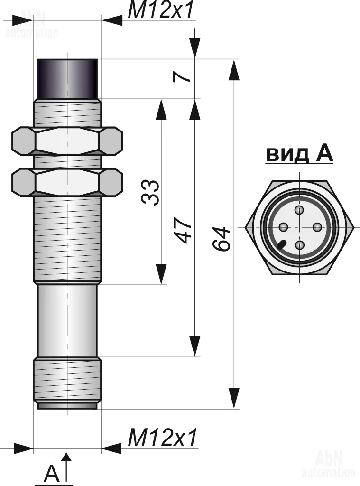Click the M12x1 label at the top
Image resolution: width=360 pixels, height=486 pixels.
tap(162, 10)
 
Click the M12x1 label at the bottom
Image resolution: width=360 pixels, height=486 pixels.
tap(162, 438)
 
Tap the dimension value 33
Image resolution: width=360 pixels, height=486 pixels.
tap(151, 192)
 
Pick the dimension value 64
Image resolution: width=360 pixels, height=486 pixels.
tap(221, 239)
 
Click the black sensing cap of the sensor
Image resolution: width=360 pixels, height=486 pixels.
tap(67, 78)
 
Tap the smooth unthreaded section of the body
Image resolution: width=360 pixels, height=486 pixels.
tap(67, 320)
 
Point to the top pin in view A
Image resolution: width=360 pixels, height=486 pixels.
tap(299, 210)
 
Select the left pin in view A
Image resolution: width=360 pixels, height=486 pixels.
tap(283, 227)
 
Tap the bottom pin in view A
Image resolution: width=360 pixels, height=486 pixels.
tap(300, 245)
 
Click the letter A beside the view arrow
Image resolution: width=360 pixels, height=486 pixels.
tap(52, 473)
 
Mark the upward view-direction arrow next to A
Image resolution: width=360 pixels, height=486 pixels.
tap(67, 467)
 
